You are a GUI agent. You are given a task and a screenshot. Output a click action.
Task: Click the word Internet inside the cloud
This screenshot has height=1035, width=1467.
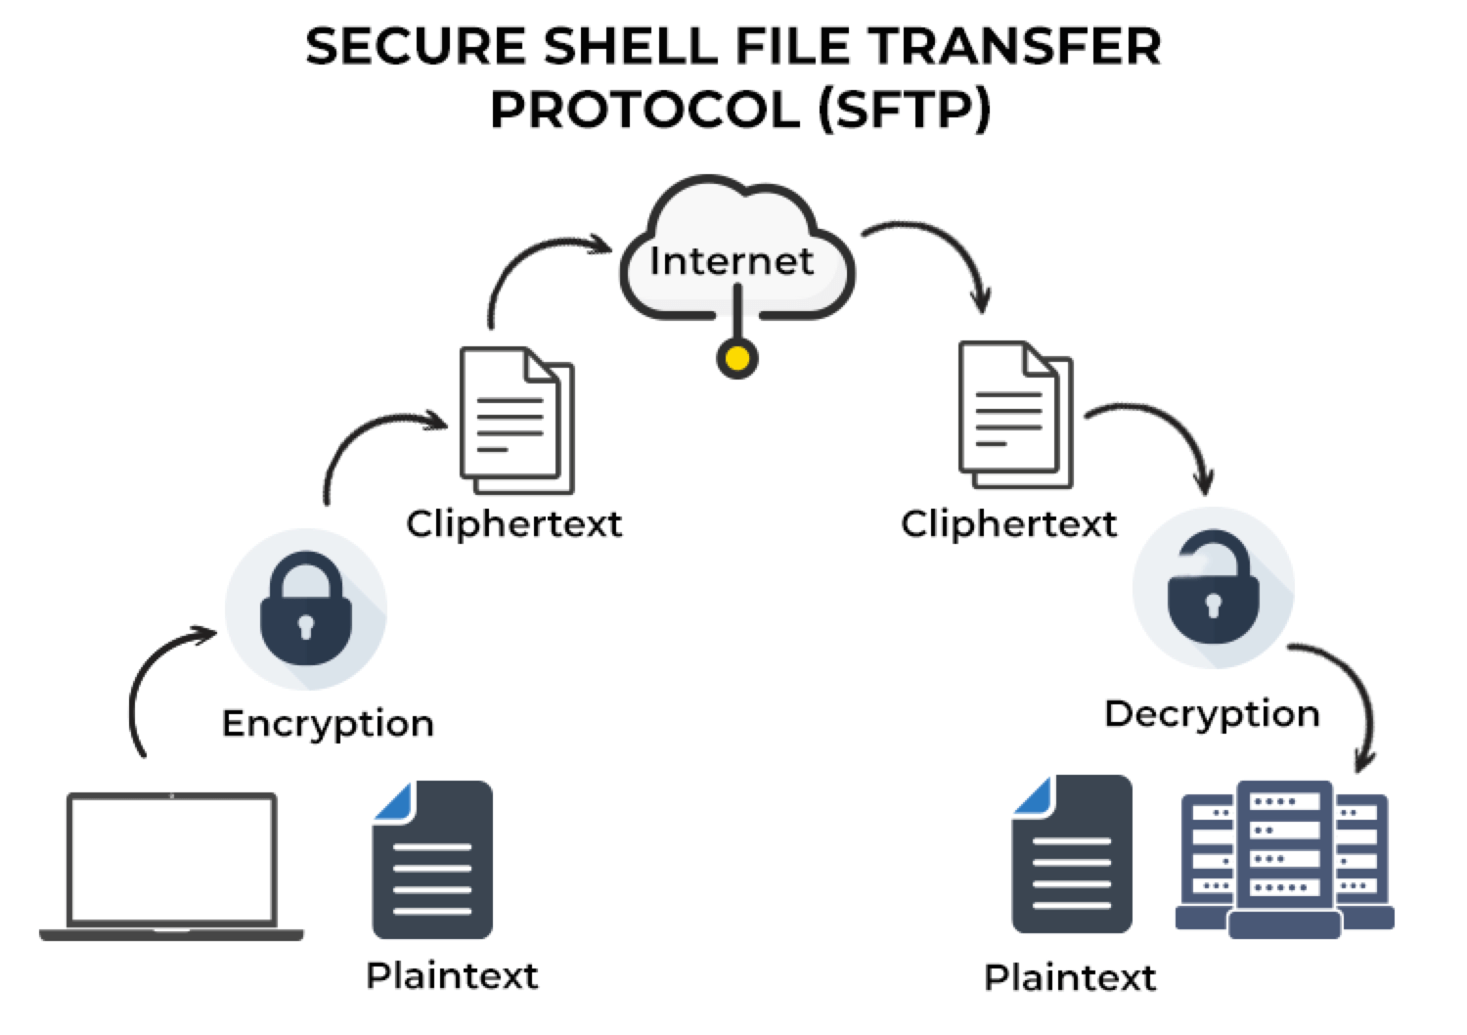[x=732, y=260]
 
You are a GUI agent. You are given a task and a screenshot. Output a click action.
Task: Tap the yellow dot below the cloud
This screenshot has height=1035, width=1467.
[x=737, y=359]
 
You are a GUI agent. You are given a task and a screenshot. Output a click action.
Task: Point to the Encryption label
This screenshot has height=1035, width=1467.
[x=328, y=724]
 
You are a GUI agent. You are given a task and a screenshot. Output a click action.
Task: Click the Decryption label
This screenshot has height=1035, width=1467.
[x=1212, y=714]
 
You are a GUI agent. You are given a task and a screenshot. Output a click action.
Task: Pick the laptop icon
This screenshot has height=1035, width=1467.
[x=172, y=866]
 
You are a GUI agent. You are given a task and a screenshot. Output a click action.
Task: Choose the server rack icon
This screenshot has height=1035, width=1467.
[x=1285, y=859]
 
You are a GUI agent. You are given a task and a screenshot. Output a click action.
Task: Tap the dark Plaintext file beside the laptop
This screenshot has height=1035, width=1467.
[x=432, y=859]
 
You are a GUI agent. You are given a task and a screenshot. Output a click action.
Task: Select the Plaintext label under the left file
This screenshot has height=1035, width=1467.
[x=452, y=975]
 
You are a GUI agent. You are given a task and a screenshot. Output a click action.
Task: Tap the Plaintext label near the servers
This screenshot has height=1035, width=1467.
[x=1070, y=977]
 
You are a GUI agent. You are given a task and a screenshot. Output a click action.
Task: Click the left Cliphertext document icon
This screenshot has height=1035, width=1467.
[x=516, y=421]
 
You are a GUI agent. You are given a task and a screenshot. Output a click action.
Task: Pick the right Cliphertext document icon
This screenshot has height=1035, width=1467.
[x=1015, y=415]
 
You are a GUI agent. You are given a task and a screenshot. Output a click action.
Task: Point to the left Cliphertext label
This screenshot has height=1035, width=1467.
[x=514, y=524]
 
